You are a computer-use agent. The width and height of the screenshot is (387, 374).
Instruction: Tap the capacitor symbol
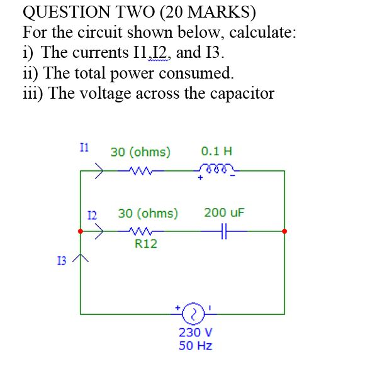click(223, 231)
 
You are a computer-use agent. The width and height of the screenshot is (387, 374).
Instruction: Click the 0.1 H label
click(216, 151)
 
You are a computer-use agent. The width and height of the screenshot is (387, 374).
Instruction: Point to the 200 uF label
click(224, 212)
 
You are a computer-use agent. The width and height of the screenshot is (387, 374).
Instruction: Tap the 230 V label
click(196, 333)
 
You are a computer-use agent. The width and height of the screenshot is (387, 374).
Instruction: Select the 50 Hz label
click(196, 346)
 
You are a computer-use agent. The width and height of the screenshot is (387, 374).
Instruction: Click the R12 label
click(146, 244)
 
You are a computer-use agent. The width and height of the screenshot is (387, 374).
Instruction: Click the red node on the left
click(81, 231)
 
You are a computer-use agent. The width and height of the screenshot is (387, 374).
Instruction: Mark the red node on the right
click(284, 231)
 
